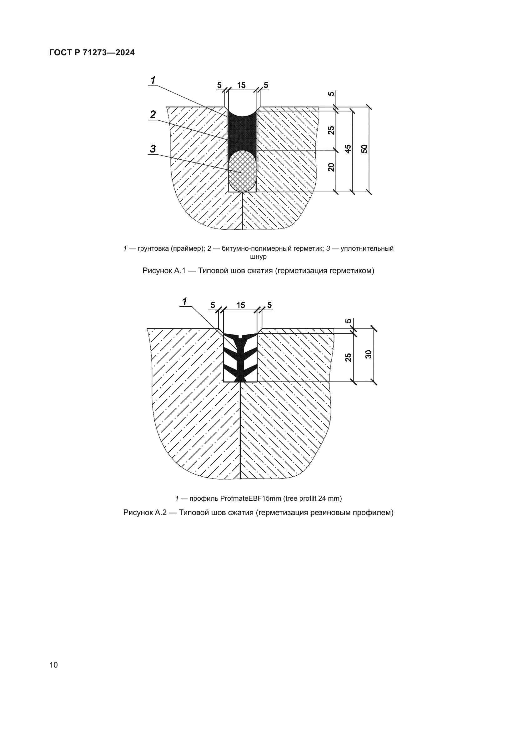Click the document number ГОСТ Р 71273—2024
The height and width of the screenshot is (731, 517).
pos(92,53)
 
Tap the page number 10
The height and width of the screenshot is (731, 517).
pos(54,664)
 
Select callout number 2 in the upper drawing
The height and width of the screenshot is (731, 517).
pos(153,115)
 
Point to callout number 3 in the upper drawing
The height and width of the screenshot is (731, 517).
pos(153,149)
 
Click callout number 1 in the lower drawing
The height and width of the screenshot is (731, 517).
pos(184,301)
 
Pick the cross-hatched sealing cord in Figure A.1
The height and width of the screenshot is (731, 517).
pos(243,172)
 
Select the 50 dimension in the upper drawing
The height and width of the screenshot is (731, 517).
pos(365,149)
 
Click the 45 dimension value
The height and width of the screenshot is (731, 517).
pos(348,149)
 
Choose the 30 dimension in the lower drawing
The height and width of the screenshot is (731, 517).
pos(369,354)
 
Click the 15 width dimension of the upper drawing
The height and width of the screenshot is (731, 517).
pos(241,85)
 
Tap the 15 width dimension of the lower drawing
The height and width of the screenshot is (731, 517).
pos(241,305)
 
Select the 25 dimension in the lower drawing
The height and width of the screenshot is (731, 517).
pos(349,357)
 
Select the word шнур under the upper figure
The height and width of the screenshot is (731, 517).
pos(258,256)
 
